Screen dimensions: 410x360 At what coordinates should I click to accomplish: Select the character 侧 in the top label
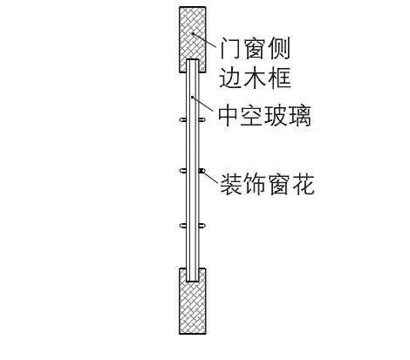[x=279, y=48]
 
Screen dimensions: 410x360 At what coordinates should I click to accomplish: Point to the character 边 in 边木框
[x=229, y=78]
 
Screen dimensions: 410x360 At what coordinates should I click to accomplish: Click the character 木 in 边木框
[x=254, y=78]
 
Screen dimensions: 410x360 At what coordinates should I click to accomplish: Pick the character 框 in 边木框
[x=279, y=78]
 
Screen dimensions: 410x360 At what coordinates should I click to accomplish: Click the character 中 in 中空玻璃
[x=229, y=116]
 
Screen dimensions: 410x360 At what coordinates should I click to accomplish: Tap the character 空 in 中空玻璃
[x=251, y=116]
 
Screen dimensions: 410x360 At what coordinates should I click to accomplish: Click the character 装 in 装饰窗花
[x=231, y=184]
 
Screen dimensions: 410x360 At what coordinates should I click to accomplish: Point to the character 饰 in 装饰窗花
[x=255, y=184]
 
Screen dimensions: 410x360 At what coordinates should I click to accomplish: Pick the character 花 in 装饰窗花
[x=304, y=184]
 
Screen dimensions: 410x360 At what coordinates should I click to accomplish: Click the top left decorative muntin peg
[x=183, y=119]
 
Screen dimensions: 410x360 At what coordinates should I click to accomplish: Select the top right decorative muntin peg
[x=202, y=119]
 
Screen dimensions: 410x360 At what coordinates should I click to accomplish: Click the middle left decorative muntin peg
[x=183, y=171]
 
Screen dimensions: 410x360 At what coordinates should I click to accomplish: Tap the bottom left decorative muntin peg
[x=183, y=226]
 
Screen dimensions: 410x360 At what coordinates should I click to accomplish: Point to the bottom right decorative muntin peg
[x=202, y=226]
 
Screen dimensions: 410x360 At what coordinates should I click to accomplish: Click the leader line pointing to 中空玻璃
[x=203, y=104]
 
